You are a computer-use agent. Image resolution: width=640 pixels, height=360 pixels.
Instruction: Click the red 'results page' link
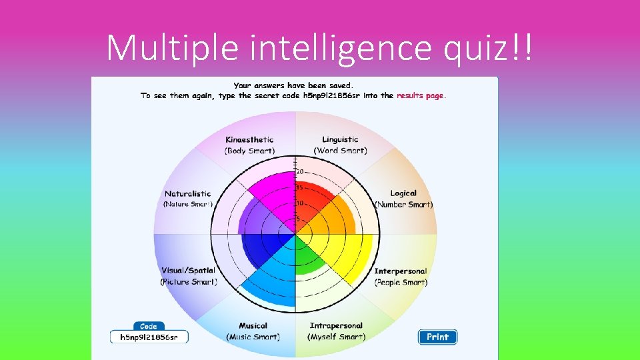[420, 96]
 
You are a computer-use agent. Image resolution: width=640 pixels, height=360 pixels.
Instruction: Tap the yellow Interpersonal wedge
[347, 253]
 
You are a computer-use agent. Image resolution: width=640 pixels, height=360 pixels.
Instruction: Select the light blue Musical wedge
[273, 280]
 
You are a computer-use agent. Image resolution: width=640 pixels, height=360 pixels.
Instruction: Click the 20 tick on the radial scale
[300, 172]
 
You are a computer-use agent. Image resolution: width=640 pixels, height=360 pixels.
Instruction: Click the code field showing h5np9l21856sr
[149, 337]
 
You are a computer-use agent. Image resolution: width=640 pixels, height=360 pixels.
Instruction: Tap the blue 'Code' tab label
[149, 326]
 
